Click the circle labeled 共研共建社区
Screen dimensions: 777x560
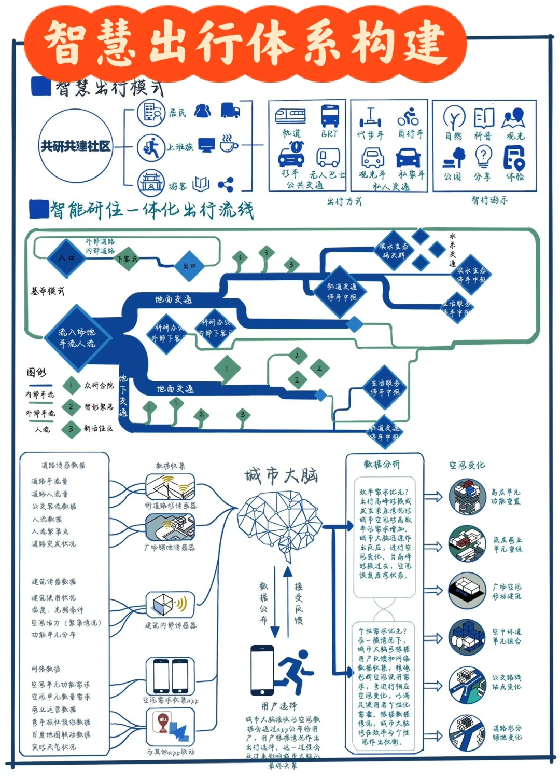[76, 146]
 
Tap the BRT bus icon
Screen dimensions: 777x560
[330, 115]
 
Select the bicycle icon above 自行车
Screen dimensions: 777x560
[409, 116]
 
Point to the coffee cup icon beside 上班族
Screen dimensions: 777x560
[228, 143]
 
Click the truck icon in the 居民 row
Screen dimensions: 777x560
[230, 111]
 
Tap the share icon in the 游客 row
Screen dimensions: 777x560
[226, 184]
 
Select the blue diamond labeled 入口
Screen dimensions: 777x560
[66, 257]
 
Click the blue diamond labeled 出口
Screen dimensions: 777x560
[190, 266]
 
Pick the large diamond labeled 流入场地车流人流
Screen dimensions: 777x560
[77, 337]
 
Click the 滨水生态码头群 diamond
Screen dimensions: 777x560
[394, 251]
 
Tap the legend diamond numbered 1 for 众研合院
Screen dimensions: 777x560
[71, 385]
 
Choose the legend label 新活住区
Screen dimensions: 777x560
[99, 428]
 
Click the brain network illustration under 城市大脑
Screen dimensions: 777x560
[280, 524]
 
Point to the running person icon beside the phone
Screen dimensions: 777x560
[296, 670]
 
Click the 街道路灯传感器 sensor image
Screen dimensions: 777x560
[170, 486]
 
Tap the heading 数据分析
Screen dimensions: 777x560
[382, 464]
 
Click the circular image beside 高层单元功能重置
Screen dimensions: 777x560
[467, 497]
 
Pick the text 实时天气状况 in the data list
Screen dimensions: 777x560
[54, 747]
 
